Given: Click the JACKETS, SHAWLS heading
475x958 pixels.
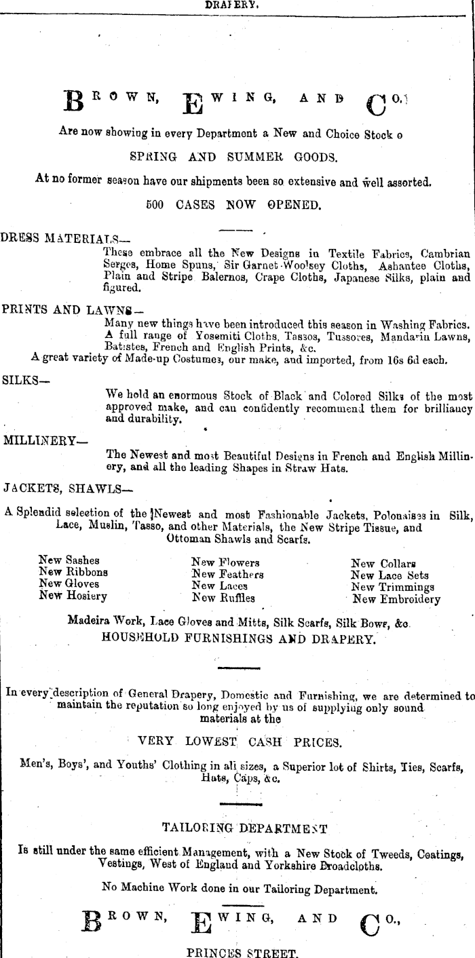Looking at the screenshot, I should (68, 487).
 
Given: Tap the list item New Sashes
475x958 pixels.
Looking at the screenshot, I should (69, 560).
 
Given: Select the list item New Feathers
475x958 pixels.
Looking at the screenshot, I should (227, 574).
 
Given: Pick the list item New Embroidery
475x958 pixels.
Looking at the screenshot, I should (396, 599).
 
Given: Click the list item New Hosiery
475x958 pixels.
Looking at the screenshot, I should (73, 596).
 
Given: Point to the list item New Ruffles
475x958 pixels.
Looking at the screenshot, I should (223, 598).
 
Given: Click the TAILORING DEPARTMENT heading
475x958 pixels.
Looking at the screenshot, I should (245, 828).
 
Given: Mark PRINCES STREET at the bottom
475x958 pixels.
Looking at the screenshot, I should (242, 952).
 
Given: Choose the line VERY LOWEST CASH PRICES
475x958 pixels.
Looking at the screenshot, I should (240, 742).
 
